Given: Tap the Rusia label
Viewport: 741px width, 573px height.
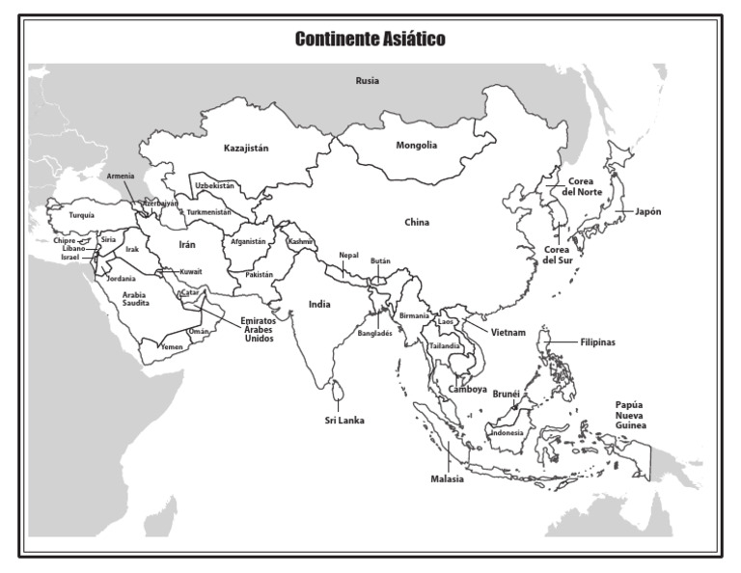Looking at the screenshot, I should [x=367, y=81].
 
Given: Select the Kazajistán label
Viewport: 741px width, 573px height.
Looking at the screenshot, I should [x=245, y=148].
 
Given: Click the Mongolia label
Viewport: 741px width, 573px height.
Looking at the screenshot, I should [x=417, y=146].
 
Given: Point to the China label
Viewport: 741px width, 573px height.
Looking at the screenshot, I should [x=416, y=223].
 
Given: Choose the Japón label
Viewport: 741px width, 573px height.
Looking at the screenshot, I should [x=648, y=211].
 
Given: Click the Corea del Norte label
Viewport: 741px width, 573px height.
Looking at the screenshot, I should [x=584, y=186].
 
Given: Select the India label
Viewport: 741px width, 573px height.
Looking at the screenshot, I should [x=319, y=304].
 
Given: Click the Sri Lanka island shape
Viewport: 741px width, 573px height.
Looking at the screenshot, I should [x=337, y=392].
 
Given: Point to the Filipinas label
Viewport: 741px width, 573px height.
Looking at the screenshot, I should [x=598, y=342].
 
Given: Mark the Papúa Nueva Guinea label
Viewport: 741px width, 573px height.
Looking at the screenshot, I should [x=631, y=415].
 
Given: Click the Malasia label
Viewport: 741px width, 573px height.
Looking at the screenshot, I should [x=448, y=478].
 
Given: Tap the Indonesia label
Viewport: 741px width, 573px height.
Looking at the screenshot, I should [x=507, y=433].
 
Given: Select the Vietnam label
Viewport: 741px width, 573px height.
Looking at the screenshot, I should [x=508, y=332].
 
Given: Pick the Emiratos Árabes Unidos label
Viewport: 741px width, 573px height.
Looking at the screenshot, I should [x=258, y=329].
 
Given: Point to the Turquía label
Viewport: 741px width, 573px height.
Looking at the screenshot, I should [x=82, y=216].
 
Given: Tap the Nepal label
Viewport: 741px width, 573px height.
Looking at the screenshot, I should [x=348, y=256].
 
